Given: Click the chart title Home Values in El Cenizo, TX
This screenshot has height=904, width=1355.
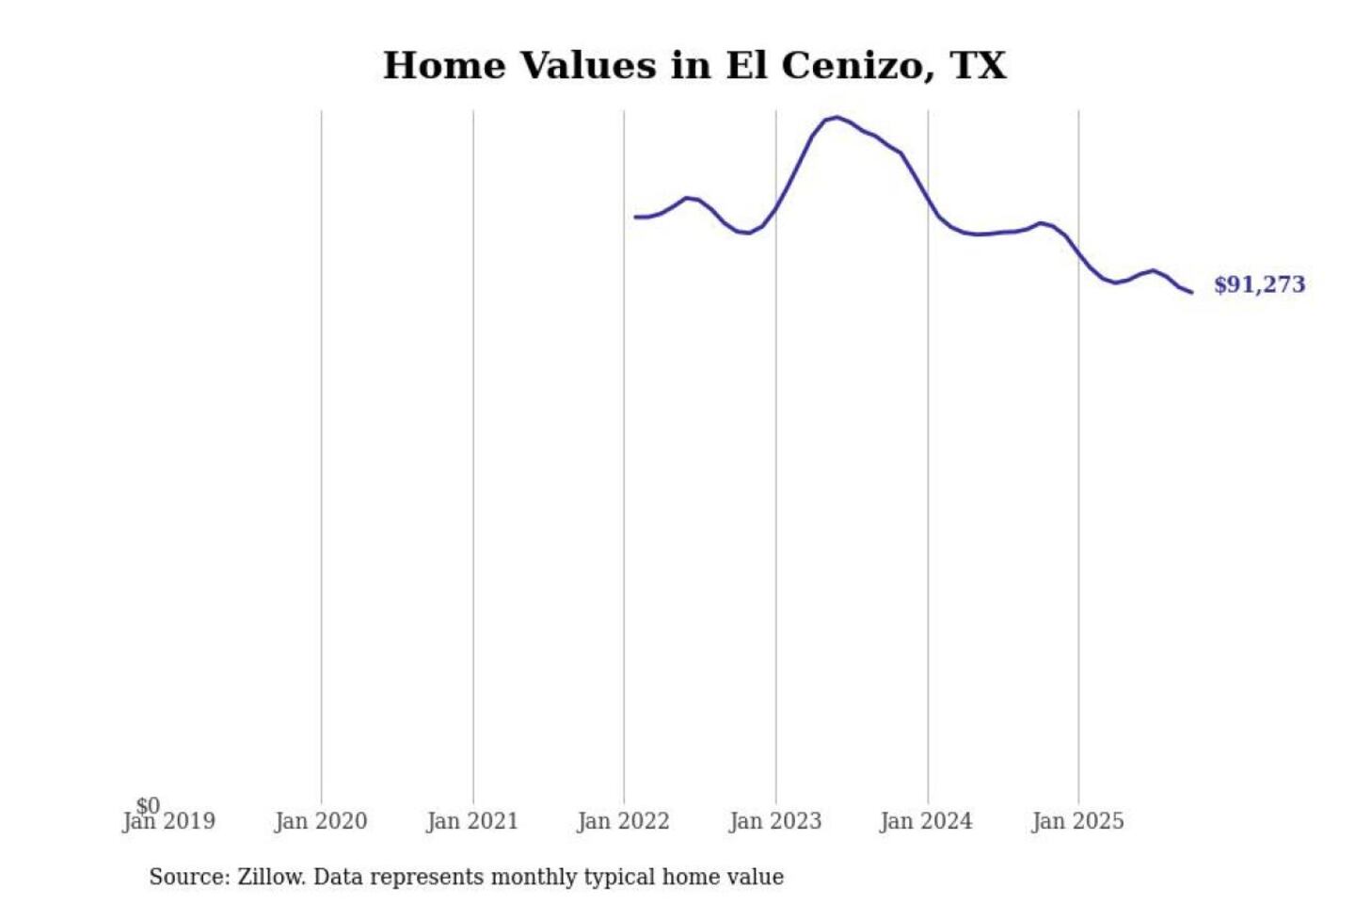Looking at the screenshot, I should click(x=694, y=66).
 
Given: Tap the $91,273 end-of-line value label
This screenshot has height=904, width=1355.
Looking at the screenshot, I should click(x=1259, y=284).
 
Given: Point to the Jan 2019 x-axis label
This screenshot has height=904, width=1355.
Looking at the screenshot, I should click(x=169, y=822).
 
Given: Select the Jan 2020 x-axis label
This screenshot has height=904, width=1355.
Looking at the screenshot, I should click(x=321, y=822).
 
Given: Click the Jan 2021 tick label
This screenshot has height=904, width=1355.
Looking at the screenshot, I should click(x=472, y=822).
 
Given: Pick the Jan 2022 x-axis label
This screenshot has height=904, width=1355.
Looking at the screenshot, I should click(x=623, y=822).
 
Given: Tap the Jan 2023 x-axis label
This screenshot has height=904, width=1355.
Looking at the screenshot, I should click(x=775, y=822).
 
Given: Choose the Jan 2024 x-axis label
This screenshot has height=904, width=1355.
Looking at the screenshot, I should click(x=926, y=822).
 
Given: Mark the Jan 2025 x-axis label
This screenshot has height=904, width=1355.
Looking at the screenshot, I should click(x=1077, y=822).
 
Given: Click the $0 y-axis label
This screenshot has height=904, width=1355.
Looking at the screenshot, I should click(x=148, y=805).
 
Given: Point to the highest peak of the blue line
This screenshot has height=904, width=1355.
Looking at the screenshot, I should click(x=837, y=118).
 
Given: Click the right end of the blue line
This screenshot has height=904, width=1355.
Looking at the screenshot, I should click(x=1192, y=292).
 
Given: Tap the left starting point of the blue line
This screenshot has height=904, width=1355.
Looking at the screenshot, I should click(x=635, y=217).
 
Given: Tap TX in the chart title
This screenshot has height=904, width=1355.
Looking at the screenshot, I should click(x=979, y=66).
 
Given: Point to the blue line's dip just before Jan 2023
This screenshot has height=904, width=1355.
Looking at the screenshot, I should click(x=747, y=233).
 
